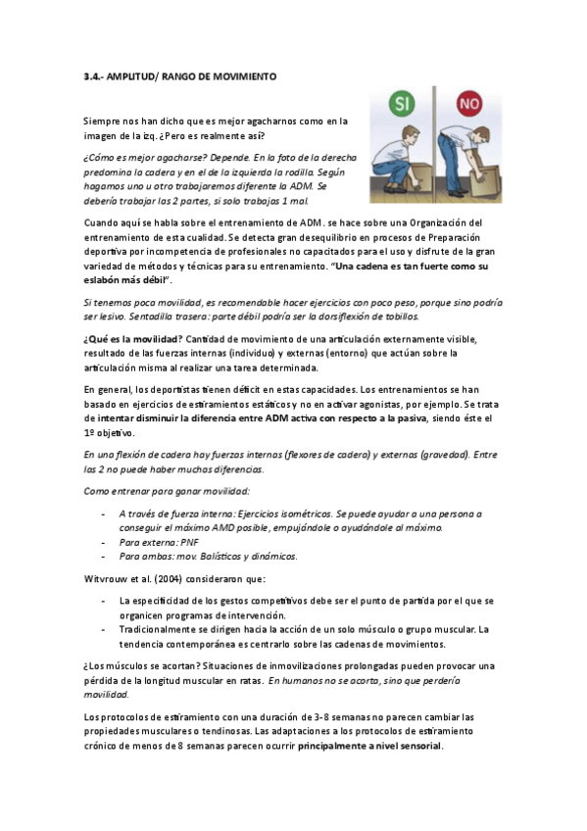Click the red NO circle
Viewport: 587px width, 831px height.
pos(471,103)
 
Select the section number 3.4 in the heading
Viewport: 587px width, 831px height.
pos(95,75)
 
